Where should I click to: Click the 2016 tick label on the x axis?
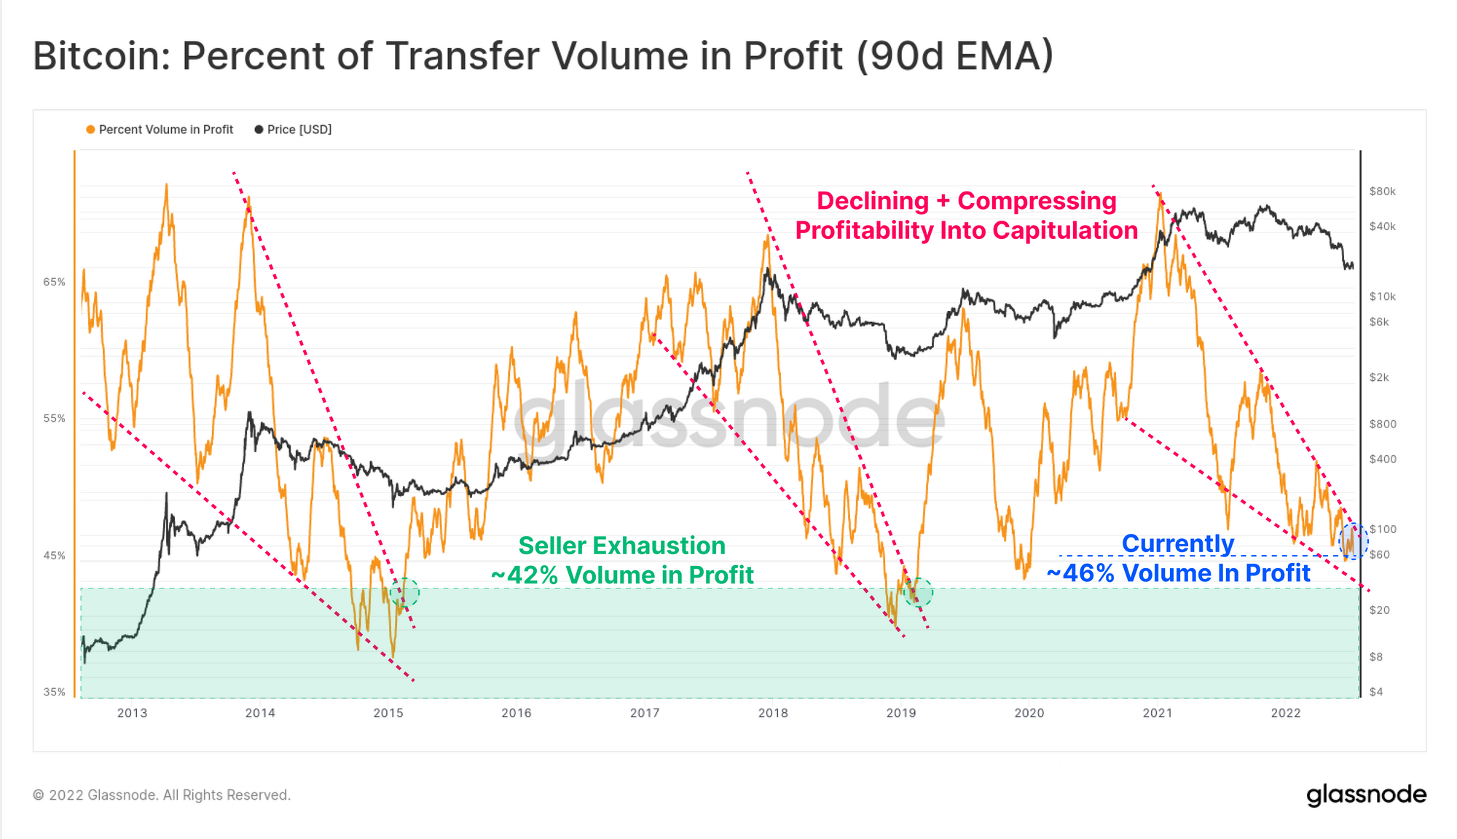pos(516,713)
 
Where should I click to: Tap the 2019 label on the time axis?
pos(900,713)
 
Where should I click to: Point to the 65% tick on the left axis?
pos(55,282)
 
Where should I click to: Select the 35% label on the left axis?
pos(55,692)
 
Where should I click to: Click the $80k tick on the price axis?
pos(1382,192)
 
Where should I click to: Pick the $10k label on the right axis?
pos(1382,296)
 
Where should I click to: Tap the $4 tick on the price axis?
pos(1375,692)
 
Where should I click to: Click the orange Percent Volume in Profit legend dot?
pos(90,130)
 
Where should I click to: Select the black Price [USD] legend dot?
pos(259,130)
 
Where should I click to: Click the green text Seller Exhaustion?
pos(621,545)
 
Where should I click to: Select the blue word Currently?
pos(1177,543)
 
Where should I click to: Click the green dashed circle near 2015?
pos(404,593)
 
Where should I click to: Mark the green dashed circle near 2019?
pos(918,593)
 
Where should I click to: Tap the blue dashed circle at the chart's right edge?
pos(1353,541)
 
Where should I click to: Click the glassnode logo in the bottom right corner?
pos(1366,795)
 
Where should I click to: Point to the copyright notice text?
pos(162,795)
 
